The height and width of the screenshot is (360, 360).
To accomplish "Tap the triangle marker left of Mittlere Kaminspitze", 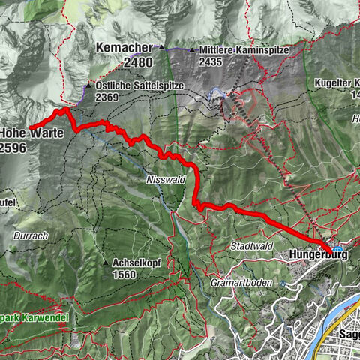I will coord(193,51).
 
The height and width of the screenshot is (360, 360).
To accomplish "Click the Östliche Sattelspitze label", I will coord(139,85).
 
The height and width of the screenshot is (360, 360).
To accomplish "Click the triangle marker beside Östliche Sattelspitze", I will coord(91,85).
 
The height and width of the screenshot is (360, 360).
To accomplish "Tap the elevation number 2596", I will coord(14,148).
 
